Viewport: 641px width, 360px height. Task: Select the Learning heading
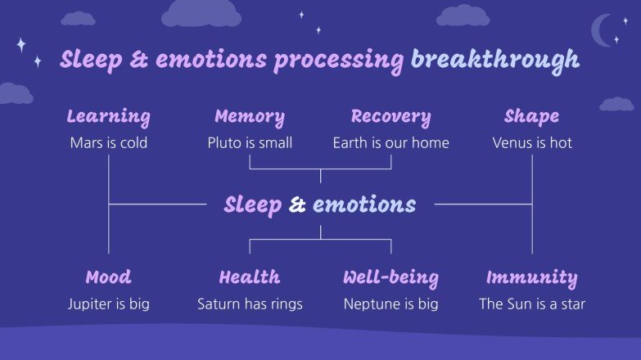click(x=108, y=117)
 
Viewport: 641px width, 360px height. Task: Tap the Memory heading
click(x=250, y=117)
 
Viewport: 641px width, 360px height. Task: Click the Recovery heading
click(x=390, y=117)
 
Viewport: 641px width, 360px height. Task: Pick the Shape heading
click(x=532, y=117)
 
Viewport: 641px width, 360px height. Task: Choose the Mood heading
click(x=108, y=277)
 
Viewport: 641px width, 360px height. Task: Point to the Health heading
click(x=250, y=277)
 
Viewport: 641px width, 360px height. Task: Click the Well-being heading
click(x=390, y=277)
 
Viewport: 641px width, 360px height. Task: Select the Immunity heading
click(x=532, y=277)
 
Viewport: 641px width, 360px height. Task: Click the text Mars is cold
click(x=108, y=143)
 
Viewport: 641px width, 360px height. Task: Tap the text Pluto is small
click(x=250, y=143)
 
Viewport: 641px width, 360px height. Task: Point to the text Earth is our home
click(x=390, y=143)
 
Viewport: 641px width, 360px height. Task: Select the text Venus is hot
click(x=532, y=143)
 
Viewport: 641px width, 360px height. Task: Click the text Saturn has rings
click(x=250, y=304)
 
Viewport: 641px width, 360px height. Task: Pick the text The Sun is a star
click(x=532, y=304)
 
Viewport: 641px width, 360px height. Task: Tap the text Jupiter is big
click(x=108, y=304)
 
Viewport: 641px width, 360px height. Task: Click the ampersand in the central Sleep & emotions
click(x=297, y=205)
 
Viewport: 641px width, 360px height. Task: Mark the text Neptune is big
click(x=390, y=304)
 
